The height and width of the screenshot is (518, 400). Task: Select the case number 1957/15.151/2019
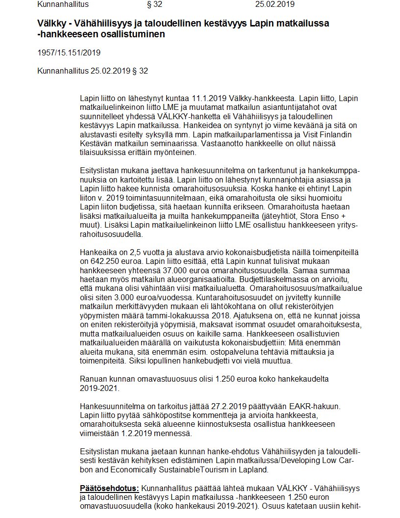[x=69, y=52]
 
